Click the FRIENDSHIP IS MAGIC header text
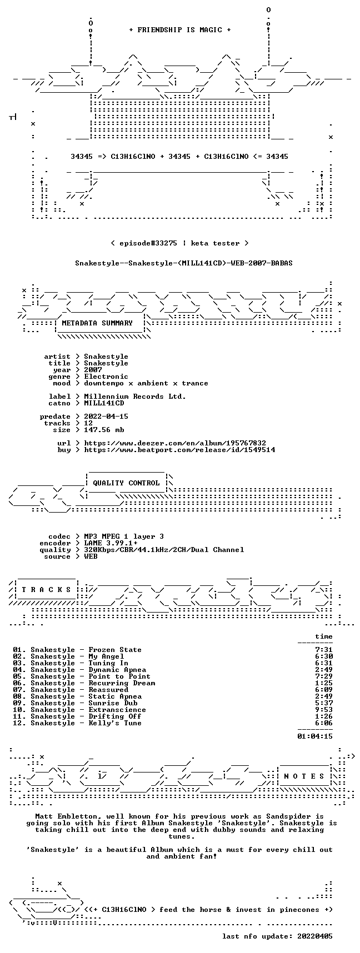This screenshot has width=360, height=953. (179, 30)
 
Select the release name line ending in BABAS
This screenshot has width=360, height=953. (184, 263)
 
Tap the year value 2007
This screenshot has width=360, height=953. (93, 370)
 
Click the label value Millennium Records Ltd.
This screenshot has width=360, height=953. (135, 397)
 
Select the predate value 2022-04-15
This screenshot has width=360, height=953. (106, 417)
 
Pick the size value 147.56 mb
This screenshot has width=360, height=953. (104, 430)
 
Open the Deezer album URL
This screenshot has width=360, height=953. (175, 443)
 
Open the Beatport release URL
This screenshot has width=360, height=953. (179, 450)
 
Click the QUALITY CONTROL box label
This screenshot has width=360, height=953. (126, 483)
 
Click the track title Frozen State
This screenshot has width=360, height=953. (115, 650)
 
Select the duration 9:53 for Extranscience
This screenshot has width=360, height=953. (324, 710)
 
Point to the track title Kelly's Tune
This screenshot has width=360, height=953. (115, 723)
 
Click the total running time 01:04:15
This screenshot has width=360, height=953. (315, 736)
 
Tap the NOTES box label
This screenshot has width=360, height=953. (304, 776)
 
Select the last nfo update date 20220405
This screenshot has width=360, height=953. (315, 936)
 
